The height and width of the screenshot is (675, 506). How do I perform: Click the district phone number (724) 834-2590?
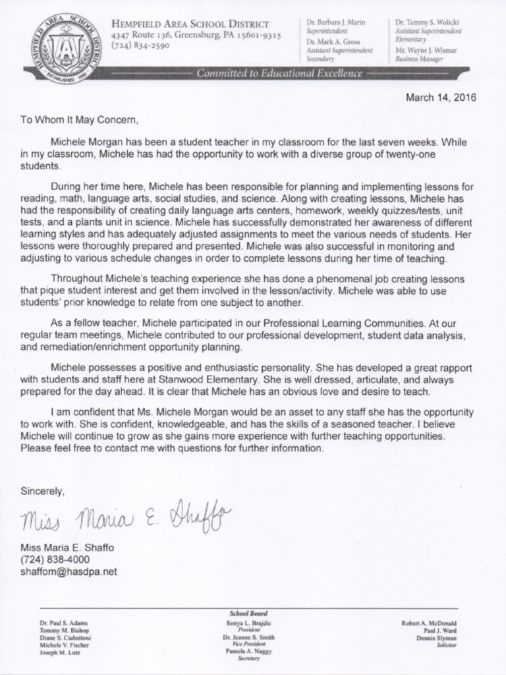[x=140, y=45]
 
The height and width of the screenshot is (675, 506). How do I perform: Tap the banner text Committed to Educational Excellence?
[x=279, y=74]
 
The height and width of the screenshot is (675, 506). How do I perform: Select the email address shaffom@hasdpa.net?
[x=69, y=572]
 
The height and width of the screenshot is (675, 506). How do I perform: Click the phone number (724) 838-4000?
[x=55, y=560]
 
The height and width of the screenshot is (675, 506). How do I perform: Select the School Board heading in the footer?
[x=248, y=613]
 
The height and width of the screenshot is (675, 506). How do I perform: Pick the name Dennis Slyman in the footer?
[x=437, y=637]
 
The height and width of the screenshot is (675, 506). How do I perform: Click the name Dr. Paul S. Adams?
[x=63, y=622]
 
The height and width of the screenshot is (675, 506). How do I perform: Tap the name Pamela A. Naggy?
[x=248, y=651]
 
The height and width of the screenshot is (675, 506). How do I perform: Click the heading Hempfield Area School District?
[x=195, y=22]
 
